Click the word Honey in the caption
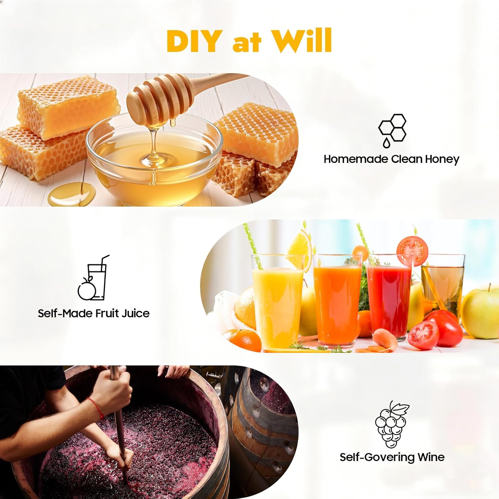(x=442, y=159)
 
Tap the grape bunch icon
(x=392, y=424)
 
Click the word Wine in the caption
(x=431, y=457)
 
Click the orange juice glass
(x=337, y=301)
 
